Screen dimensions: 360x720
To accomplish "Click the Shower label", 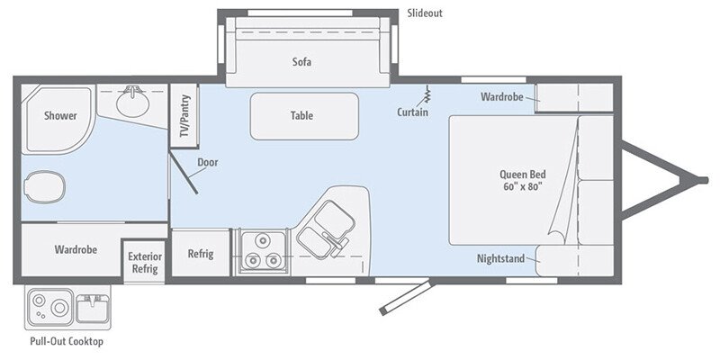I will tap(60, 116).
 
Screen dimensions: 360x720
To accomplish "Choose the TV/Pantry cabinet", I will tap(184, 116).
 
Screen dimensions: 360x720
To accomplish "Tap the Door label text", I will tap(207, 163).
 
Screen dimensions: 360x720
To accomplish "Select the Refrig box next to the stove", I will tap(201, 254).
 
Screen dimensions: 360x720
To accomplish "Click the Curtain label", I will tap(412, 112).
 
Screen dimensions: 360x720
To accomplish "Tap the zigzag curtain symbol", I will tap(427, 94).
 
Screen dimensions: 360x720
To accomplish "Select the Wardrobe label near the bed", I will tap(502, 96).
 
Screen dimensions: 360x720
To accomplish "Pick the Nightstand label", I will tap(501, 259).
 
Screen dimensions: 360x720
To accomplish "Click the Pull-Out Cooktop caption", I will tap(67, 342).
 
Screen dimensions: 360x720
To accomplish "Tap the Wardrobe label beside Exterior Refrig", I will tap(76, 249).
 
